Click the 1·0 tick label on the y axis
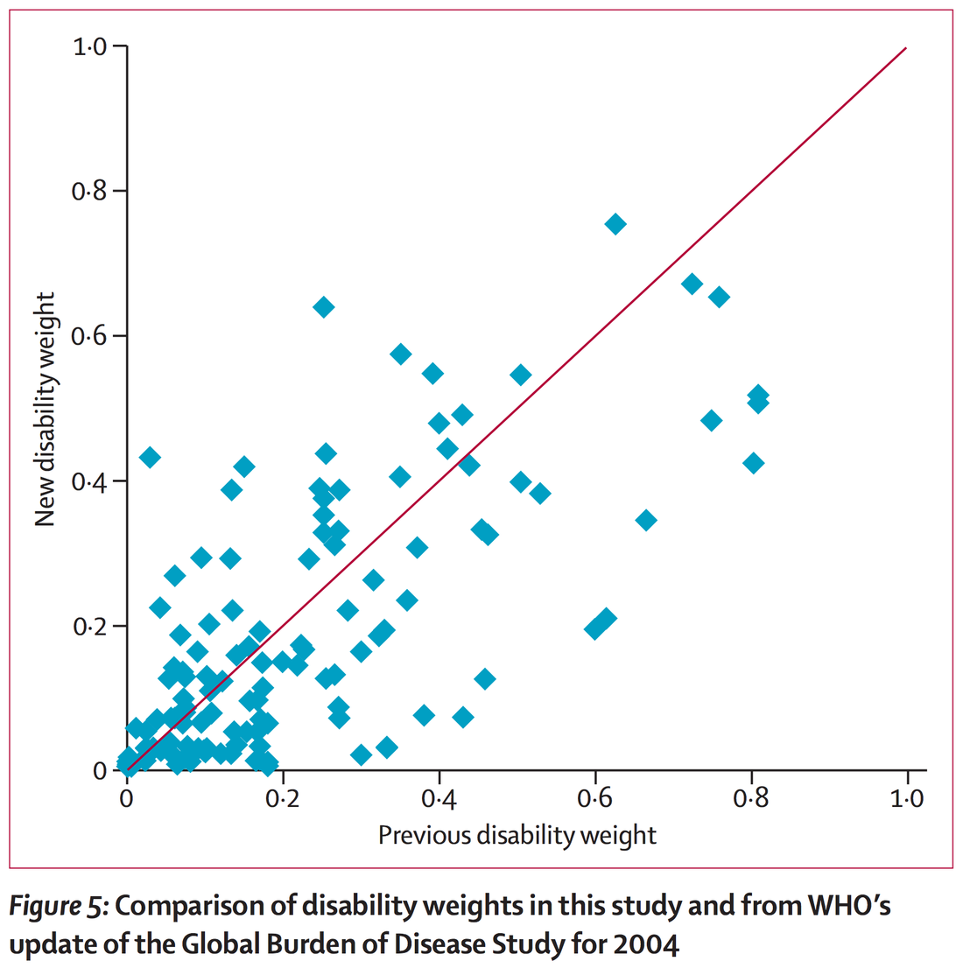(89, 46)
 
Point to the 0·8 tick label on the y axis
(89, 191)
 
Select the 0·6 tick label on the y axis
(89, 336)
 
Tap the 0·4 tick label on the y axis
(89, 481)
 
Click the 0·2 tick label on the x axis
(283, 799)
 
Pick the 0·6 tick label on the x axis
(595, 799)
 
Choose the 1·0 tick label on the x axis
(907, 799)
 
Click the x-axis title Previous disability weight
(517, 835)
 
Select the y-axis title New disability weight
(46, 410)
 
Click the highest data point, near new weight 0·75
(615, 224)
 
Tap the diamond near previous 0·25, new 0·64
(323, 307)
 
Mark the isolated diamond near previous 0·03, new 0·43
(150, 457)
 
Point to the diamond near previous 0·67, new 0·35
(646, 521)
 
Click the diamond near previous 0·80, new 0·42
(753, 463)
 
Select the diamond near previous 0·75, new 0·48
(712, 421)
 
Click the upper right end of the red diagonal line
(905, 48)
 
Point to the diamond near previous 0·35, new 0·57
(401, 354)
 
